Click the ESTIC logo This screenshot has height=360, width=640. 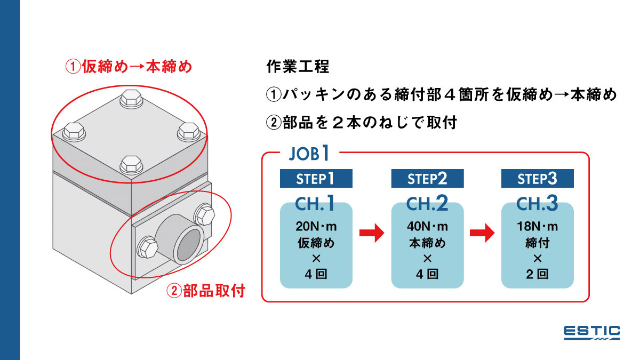[x=592, y=332]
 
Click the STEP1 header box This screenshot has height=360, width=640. [x=316, y=178]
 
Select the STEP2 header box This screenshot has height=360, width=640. [x=427, y=178]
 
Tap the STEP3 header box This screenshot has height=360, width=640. [x=537, y=178]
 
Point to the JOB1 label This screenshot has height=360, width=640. [x=309, y=154]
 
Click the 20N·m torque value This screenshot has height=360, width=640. [x=316, y=227]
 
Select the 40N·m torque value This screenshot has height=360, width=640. [x=427, y=227]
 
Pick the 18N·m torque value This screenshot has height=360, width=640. [x=538, y=227]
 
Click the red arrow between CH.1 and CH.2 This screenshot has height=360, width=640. [x=372, y=233]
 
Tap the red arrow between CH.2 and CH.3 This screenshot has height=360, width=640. [x=483, y=233]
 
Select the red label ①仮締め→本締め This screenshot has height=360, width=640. [x=129, y=67]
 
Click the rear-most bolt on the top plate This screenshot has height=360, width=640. [x=131, y=99]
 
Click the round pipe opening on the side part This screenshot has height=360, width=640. [x=188, y=245]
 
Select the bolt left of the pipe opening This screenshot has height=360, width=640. [x=147, y=247]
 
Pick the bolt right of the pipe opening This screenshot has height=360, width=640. [x=205, y=214]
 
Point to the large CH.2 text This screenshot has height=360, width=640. [x=427, y=203]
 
